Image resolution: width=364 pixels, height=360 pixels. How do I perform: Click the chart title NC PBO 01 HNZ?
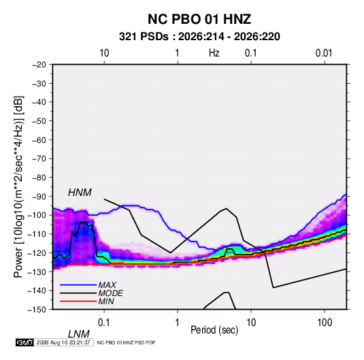[199, 19]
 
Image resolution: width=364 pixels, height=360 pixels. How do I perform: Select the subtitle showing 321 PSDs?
[199, 37]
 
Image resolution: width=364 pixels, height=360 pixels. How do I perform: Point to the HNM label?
[80, 193]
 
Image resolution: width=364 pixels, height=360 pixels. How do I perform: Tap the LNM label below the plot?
[78, 334]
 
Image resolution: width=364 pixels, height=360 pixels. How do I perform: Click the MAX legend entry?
[107, 285]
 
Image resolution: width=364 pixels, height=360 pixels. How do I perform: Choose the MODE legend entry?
[110, 293]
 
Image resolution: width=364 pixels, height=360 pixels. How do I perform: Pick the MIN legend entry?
[106, 301]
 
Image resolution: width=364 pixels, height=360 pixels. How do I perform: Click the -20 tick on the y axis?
[39, 65]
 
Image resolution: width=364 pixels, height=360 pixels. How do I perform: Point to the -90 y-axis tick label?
[39, 196]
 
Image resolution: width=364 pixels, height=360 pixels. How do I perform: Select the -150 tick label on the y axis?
[37, 310]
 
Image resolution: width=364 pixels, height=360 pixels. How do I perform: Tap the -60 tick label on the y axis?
[39, 140]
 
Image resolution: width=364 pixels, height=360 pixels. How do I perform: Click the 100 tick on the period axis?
[325, 323]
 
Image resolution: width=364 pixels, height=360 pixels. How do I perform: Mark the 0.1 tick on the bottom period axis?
[104, 323]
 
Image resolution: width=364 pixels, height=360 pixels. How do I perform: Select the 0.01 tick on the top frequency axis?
[324, 53]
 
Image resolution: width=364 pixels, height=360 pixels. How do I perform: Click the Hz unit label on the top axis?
[214, 53]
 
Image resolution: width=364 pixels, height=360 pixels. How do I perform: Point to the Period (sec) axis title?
[214, 330]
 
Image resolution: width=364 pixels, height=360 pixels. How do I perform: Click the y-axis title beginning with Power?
[18, 187]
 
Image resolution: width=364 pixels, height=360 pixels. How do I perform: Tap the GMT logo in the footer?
[24, 342]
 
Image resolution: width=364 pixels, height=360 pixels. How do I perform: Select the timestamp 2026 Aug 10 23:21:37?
[63, 342]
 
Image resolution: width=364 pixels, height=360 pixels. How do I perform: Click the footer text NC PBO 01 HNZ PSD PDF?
[126, 343]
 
